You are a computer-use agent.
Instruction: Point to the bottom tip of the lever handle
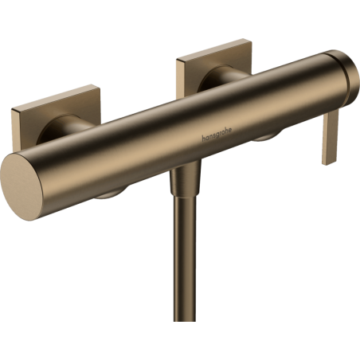tap(325, 162)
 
